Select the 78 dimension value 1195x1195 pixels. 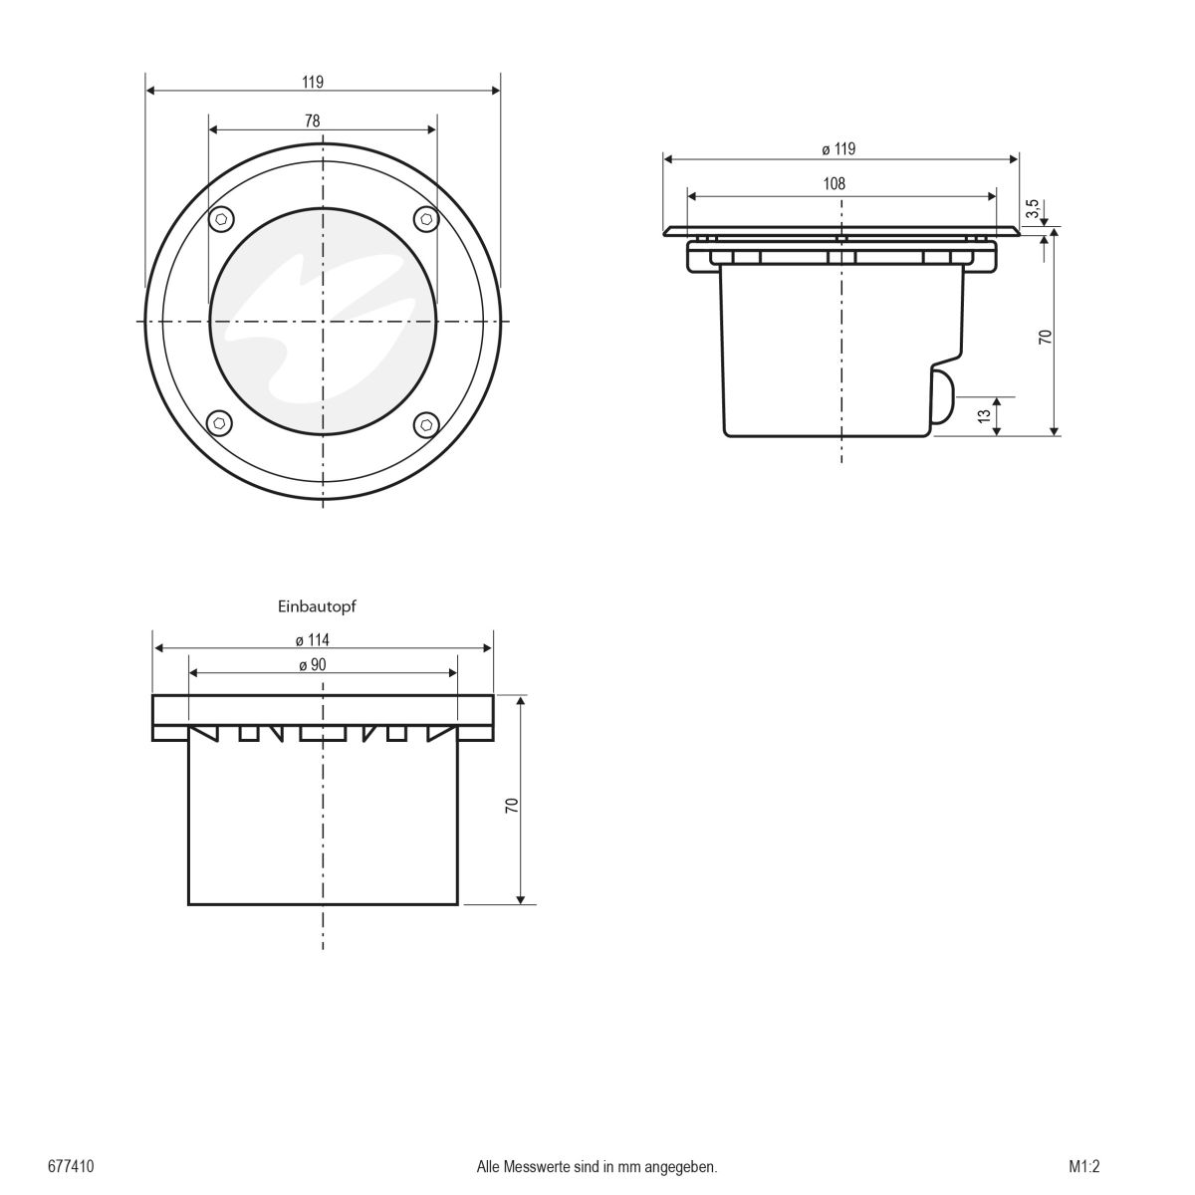pyautogui.click(x=313, y=120)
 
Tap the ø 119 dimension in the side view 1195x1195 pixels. pyautogui.click(x=838, y=149)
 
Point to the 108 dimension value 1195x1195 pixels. pyautogui.click(x=834, y=183)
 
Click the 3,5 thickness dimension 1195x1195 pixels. pyautogui.click(x=1033, y=209)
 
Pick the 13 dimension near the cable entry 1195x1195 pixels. pyautogui.click(x=985, y=415)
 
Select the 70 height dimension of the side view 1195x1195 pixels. pyautogui.click(x=1045, y=337)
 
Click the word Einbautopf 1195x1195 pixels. pyautogui.click(x=316, y=604)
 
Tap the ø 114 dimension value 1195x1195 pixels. pyautogui.click(x=313, y=639)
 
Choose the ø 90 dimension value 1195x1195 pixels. pyautogui.click(x=313, y=665)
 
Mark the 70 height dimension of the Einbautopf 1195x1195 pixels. pyautogui.click(x=511, y=807)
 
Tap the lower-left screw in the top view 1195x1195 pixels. pyautogui.click(x=220, y=424)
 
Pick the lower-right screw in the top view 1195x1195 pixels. pyautogui.click(x=425, y=424)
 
